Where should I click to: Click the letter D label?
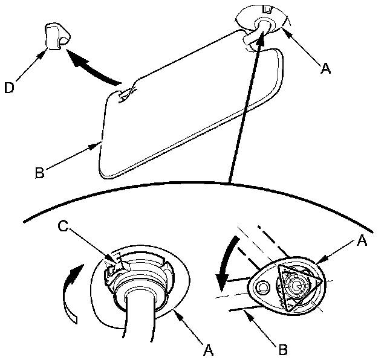8,89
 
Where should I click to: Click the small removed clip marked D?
54,36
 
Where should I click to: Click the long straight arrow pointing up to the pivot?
246,109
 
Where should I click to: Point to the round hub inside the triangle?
298,283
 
